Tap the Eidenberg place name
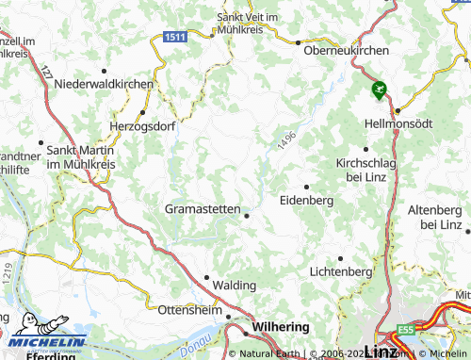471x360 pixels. [307, 200]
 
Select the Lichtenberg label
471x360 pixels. [340, 271]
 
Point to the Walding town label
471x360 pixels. [235, 285]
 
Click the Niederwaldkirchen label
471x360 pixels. [104, 84]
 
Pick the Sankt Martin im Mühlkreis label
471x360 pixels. [79, 156]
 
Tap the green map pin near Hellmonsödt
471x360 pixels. [380, 90]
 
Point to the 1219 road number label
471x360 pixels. [7, 274]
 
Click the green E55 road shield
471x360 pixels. [406, 329]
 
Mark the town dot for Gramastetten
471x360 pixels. [247, 216]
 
